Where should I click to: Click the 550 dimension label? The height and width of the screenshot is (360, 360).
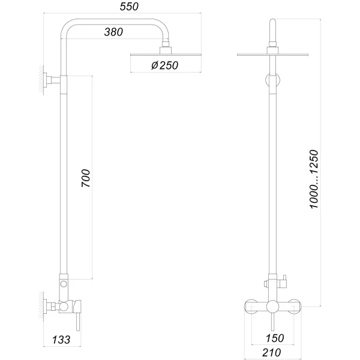[129, 7]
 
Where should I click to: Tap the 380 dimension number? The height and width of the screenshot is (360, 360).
[113, 32]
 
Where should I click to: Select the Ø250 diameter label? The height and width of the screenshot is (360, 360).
[164, 65]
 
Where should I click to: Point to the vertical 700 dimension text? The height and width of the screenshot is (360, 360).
[86, 178]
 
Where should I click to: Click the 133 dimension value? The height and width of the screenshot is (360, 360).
[61, 340]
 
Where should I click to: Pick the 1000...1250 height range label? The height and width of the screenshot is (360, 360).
[314, 179]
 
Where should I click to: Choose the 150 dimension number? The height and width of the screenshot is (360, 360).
[275, 338]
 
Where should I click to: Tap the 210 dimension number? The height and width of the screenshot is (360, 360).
[272, 353]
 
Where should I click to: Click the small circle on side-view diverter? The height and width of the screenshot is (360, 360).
[64, 284]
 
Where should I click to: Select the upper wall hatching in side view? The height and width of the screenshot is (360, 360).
[41, 80]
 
